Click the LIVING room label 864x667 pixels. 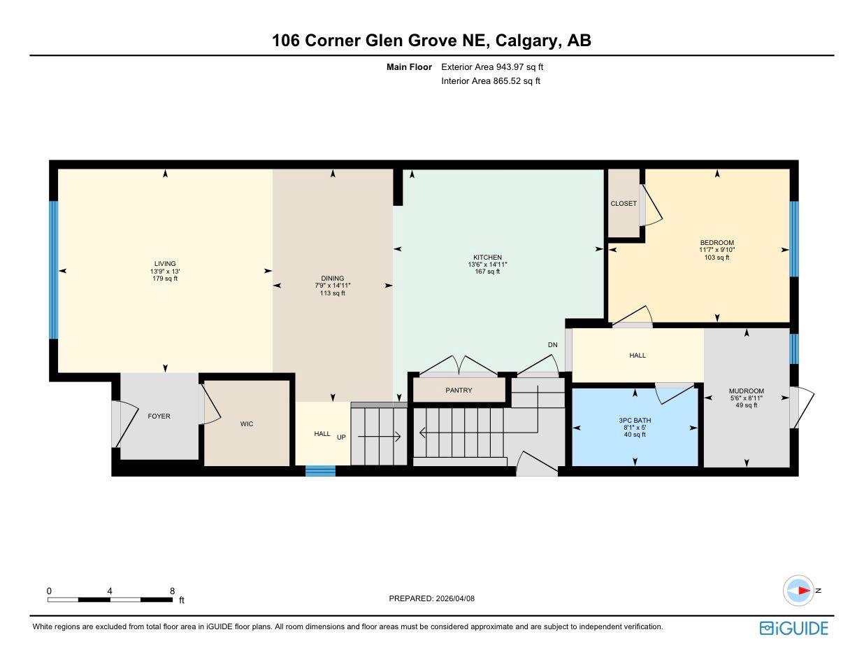165,264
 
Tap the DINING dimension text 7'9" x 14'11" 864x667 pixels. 332,286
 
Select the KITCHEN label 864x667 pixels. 487,257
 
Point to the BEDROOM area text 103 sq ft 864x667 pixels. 717,258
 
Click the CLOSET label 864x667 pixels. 623,204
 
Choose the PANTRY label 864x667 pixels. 459,391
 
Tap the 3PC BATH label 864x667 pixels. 634,421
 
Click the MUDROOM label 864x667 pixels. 746,391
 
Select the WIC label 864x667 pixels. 246,424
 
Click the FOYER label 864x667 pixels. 159,416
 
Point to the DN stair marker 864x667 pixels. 552,345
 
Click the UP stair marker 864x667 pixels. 341,437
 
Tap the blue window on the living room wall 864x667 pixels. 53,270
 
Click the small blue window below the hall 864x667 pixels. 320,471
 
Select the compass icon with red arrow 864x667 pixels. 798,591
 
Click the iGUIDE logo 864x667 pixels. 793,628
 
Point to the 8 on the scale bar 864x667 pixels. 172,591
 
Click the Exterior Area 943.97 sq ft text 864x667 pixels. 491,67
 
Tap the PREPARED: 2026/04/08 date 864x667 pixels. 431,598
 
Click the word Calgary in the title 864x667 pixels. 527,41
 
